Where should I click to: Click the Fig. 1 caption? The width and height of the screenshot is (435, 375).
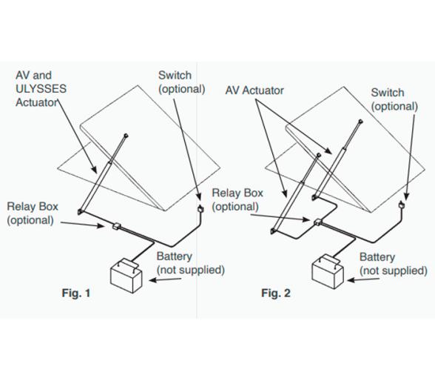[x=76, y=293]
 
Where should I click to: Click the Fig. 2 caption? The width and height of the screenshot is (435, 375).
[x=276, y=293]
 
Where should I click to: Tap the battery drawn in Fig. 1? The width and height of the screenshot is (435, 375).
[x=127, y=276]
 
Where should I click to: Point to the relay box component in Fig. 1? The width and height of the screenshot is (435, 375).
[x=116, y=226]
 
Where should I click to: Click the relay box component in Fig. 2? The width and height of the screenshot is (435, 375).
[x=317, y=222]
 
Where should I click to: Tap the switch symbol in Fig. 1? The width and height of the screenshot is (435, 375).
[x=200, y=208]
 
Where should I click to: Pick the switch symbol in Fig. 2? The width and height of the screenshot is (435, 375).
[x=401, y=205]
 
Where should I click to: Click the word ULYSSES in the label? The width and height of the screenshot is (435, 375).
[x=41, y=89]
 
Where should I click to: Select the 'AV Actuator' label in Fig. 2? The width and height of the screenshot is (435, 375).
[x=254, y=90]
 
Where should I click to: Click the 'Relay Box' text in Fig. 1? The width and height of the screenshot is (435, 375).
[x=33, y=207]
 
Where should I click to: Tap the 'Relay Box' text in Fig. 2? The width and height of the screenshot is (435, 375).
[x=237, y=193]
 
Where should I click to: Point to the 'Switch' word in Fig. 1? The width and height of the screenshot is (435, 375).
[x=175, y=76]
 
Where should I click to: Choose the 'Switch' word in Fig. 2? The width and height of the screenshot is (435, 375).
[x=388, y=93]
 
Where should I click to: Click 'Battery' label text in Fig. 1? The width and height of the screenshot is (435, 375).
[x=175, y=256]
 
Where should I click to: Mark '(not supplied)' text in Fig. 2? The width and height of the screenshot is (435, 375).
[x=394, y=271]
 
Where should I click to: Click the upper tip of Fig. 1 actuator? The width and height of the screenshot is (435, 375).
[x=126, y=136]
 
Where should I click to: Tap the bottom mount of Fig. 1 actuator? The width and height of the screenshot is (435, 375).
[x=80, y=212]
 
